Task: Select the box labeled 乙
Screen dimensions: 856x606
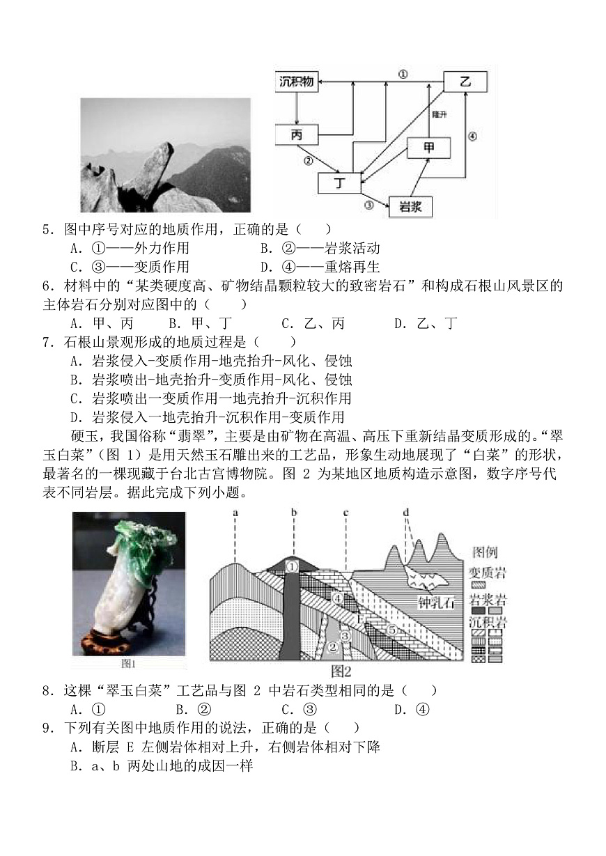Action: (x=465, y=82)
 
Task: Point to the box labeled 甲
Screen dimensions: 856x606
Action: (x=428, y=147)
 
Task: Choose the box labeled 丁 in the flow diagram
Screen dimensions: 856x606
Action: (x=340, y=183)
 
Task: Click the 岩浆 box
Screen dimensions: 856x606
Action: (x=411, y=207)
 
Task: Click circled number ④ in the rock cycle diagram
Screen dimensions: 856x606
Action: (x=472, y=137)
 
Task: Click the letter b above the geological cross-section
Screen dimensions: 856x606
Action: (x=295, y=514)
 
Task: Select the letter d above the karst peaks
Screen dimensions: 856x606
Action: (x=406, y=514)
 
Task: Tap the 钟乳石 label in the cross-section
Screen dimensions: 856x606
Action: (x=435, y=602)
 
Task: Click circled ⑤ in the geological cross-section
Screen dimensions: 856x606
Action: (x=391, y=630)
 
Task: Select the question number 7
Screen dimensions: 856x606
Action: (x=47, y=341)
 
